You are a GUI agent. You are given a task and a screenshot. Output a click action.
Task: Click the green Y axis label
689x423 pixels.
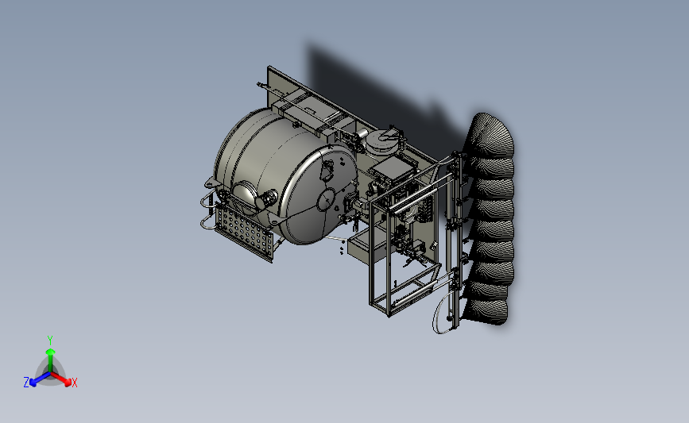(49, 340)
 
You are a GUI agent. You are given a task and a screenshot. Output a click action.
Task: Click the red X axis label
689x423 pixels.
(74, 383)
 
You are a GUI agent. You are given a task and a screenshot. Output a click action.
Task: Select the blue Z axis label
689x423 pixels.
(26, 383)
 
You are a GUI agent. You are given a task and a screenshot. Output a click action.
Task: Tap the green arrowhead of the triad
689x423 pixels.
(50, 352)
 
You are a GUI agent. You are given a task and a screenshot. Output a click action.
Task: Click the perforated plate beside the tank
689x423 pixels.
(244, 233)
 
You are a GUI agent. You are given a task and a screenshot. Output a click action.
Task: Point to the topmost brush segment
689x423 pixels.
(491, 135)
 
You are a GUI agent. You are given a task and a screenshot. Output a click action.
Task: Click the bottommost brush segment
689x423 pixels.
(486, 311)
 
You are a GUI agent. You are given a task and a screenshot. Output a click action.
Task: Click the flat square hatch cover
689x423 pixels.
(393, 170)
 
